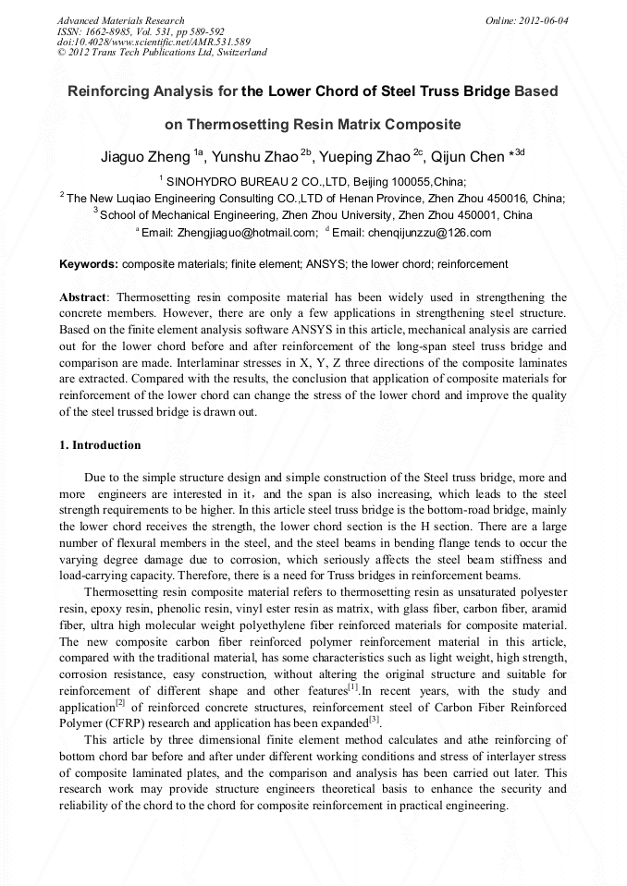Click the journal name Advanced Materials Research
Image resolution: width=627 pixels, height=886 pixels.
click(121, 20)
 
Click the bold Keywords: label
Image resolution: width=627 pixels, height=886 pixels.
click(89, 264)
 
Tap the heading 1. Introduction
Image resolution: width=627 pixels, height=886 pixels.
click(100, 445)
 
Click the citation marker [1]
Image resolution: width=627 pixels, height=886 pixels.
click(352, 686)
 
